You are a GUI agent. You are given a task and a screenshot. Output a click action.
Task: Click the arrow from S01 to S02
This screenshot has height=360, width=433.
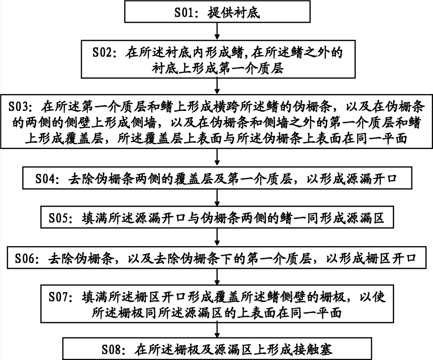(x=217, y=31)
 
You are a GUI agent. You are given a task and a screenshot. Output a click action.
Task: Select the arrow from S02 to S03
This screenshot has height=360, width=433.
(x=217, y=87)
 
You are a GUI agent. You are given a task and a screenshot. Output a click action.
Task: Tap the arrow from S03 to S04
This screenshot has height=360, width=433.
(x=217, y=158)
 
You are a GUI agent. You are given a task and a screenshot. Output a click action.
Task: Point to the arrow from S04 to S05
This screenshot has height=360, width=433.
(x=217, y=197)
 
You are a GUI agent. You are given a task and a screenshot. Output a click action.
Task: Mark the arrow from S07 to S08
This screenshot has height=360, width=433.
(x=217, y=330)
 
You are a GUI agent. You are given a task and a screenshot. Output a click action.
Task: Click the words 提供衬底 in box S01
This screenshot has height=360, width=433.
(x=234, y=13)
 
